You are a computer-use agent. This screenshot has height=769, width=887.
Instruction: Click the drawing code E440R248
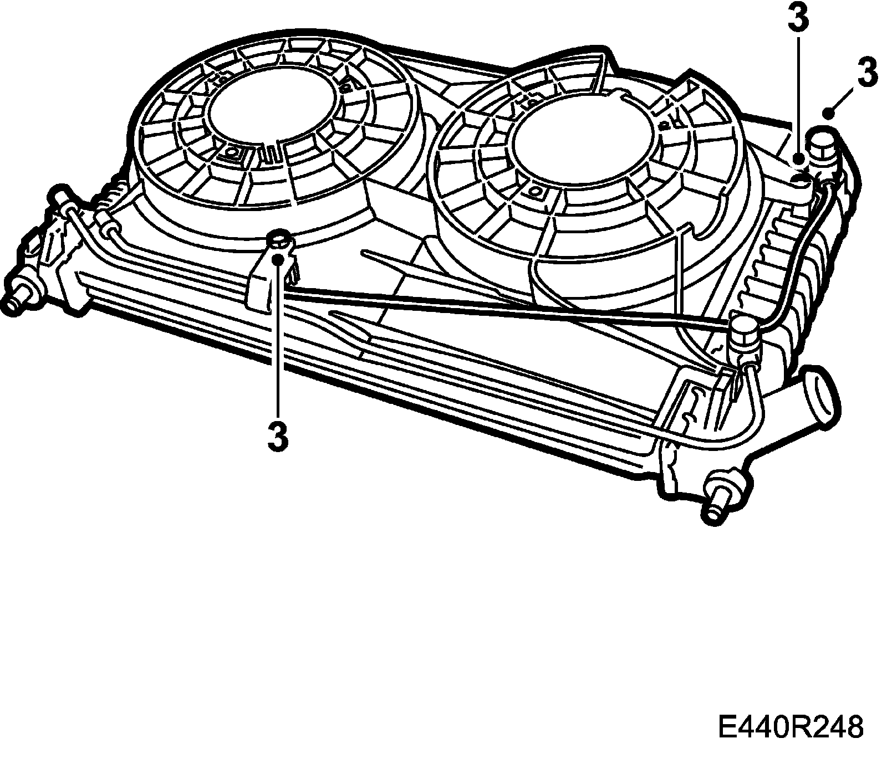791,727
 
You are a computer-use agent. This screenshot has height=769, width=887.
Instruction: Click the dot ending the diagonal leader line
829,114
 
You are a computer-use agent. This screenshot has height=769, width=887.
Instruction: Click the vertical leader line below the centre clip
278,344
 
